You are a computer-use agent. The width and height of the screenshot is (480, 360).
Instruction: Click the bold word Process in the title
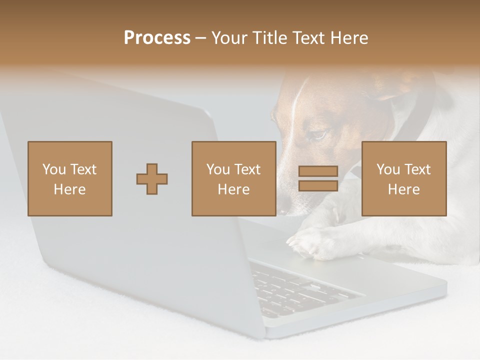pos(157,38)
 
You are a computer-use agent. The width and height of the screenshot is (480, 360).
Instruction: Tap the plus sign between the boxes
pos(152,179)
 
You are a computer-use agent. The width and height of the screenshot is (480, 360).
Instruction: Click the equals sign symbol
pos(318,178)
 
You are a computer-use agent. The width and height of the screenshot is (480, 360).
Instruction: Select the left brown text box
pos(70,178)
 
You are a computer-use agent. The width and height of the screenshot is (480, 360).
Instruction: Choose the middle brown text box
pos(233,178)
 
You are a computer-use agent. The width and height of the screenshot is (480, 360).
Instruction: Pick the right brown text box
pos(403,178)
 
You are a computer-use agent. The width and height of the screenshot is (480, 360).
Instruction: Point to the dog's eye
pos(318,134)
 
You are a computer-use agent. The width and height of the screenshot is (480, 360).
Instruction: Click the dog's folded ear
pos(395,87)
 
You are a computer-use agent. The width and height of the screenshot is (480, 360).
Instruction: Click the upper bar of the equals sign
pos(318,171)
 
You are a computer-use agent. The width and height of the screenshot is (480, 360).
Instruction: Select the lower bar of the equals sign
pos(318,185)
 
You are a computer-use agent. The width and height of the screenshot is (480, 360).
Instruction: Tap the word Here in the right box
pos(403,189)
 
